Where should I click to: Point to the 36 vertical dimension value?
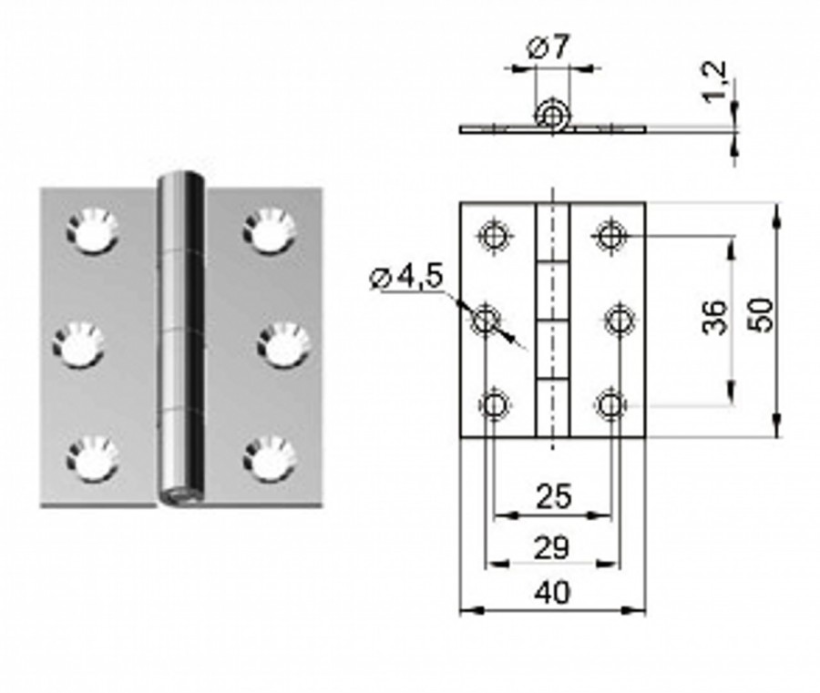[x=716, y=317]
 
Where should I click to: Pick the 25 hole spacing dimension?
[x=553, y=496]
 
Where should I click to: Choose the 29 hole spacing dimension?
[x=552, y=547]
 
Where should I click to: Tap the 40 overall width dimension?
[x=553, y=593]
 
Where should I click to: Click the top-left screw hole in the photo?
[x=91, y=230]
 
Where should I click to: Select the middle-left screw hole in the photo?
[x=77, y=345]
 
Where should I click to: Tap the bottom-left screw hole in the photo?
[x=91, y=458]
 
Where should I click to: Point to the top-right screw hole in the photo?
[x=270, y=230]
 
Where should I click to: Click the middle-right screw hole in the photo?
[x=283, y=345]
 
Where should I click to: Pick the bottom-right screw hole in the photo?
[x=270, y=458]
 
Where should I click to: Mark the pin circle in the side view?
[x=550, y=115]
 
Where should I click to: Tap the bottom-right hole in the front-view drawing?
[x=610, y=403]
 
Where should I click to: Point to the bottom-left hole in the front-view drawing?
[x=494, y=403]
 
